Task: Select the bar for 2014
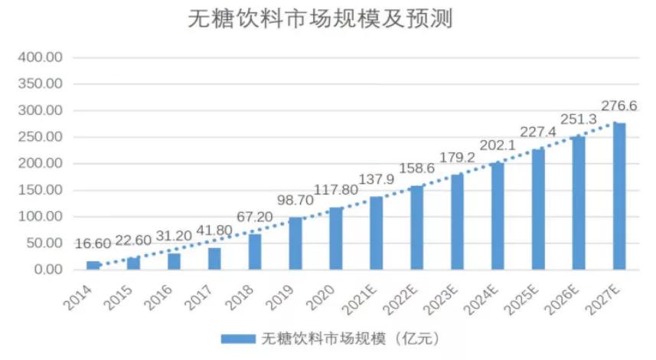pyautogui.click(x=93, y=265)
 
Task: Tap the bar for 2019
pyautogui.click(x=295, y=244)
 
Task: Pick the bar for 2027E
pyautogui.click(x=619, y=196)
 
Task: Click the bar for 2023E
pyautogui.click(x=457, y=222)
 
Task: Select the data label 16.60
pyautogui.click(x=93, y=244)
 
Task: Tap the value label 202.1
pyautogui.click(x=498, y=145)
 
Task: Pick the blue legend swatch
pyautogui.click(x=237, y=338)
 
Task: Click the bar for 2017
pyautogui.click(x=214, y=259)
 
